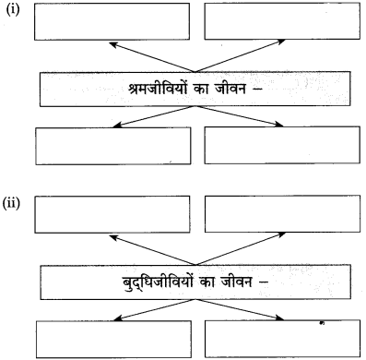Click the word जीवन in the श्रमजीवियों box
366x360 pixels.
(x=239, y=90)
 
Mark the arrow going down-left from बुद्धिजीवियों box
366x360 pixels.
(x=148, y=309)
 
